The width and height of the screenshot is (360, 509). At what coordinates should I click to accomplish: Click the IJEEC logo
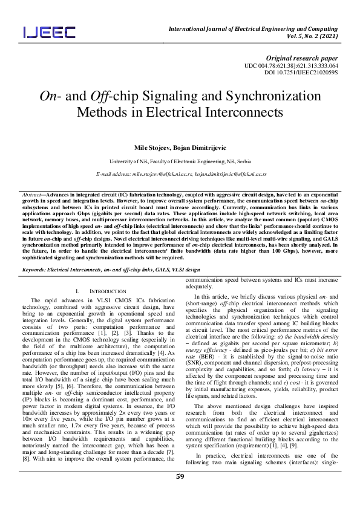point(50,31)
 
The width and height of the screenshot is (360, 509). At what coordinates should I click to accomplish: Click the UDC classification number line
point(291,65)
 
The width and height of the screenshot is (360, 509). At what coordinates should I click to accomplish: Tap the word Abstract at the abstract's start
point(31,195)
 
